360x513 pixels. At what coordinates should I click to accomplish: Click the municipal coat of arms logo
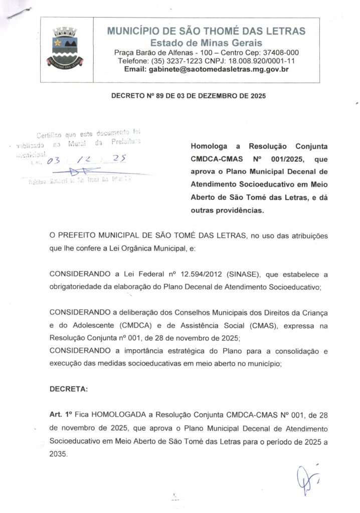(x=67, y=48)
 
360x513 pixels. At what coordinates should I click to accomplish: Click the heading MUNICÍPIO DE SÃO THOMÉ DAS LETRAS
(x=206, y=31)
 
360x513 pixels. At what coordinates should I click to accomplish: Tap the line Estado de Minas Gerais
(x=206, y=43)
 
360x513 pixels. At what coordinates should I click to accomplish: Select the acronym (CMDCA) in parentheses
(x=139, y=325)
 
